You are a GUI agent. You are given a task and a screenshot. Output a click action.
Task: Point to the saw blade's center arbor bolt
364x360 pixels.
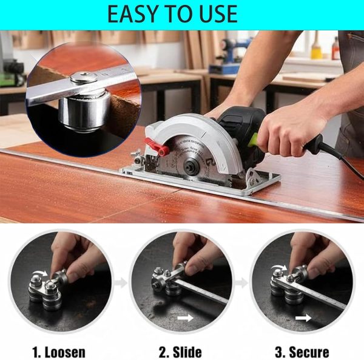point(192,165)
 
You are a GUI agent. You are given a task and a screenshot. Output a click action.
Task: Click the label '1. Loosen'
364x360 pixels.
point(59,352)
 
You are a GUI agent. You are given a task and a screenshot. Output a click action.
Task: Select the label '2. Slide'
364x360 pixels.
point(180,352)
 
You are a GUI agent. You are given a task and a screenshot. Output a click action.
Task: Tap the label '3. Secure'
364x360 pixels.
point(302,352)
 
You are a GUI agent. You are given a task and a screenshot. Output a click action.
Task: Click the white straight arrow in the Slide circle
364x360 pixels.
point(185,318)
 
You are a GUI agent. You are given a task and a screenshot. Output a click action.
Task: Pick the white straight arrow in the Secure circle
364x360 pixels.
point(303,318)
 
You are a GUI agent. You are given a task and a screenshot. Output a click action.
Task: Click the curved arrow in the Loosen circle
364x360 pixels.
point(40,273)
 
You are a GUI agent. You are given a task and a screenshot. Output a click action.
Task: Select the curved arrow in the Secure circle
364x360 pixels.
point(278,267)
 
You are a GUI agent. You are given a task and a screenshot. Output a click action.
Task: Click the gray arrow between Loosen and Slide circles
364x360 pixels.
point(121,283)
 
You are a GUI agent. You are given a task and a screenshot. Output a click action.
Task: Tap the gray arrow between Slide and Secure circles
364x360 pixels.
point(241,283)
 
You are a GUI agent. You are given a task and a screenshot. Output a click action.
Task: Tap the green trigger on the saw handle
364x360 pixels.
point(253,140)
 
